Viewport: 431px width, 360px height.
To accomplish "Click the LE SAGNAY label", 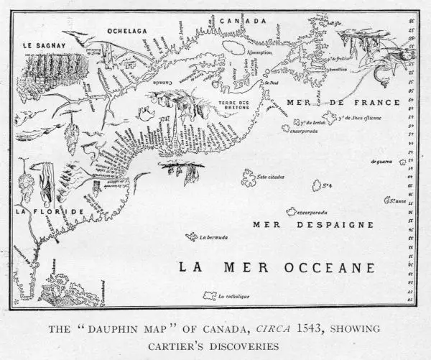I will pos(45,45).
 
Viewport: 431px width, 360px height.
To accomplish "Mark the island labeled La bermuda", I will pos(193,236).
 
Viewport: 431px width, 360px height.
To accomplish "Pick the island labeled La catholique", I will pos(211,295).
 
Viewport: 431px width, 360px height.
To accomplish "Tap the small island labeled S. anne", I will pos(391,200).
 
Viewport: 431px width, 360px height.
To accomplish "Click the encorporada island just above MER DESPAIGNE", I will pos(292,212).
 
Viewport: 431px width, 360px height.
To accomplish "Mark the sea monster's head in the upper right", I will pos(404,55).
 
